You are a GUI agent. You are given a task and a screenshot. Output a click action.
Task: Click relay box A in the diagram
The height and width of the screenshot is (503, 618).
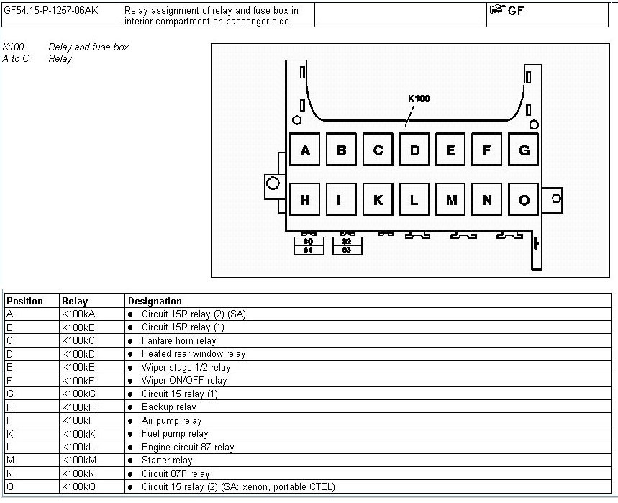(304, 150)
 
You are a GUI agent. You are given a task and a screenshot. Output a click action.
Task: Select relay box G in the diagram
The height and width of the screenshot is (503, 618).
(524, 150)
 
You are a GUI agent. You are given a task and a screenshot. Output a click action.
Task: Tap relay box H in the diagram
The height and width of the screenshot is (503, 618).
(304, 199)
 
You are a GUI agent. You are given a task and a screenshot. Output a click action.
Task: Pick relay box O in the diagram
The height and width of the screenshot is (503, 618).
(524, 199)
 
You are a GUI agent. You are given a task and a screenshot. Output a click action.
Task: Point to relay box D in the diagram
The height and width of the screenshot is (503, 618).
(414, 150)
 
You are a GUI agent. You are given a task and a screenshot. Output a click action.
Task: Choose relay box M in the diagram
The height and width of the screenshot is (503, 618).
(451, 199)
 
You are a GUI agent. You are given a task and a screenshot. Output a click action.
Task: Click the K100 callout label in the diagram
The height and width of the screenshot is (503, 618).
(419, 99)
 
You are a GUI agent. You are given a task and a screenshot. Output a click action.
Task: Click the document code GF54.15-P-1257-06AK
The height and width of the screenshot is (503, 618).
(51, 10)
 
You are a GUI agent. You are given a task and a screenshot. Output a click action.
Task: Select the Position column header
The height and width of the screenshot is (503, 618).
(25, 302)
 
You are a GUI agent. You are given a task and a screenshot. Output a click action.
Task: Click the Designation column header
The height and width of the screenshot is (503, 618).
(155, 302)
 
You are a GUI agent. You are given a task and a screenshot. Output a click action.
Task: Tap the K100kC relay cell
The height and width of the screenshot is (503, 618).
(78, 340)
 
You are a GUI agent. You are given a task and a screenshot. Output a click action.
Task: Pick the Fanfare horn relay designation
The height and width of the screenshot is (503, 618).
(179, 340)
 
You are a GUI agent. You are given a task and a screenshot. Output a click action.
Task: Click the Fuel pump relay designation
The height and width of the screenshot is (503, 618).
(175, 434)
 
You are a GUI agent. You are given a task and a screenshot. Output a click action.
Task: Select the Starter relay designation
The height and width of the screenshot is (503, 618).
(167, 461)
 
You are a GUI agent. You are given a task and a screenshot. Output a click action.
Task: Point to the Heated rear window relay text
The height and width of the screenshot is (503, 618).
(194, 354)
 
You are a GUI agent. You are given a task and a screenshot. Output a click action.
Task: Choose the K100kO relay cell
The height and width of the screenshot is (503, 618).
(79, 487)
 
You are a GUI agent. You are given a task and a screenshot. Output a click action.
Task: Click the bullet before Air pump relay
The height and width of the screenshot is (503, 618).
(130, 421)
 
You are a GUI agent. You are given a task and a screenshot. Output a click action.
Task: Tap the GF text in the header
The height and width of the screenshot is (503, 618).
(517, 11)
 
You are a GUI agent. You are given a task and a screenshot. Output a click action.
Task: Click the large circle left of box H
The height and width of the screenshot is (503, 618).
(273, 183)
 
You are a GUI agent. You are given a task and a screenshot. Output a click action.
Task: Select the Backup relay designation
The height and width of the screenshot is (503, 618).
(168, 407)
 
